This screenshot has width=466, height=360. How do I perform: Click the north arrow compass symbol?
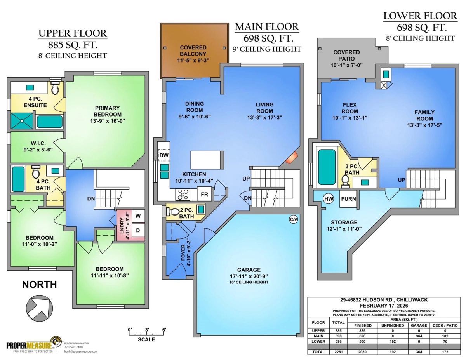tap(40, 308)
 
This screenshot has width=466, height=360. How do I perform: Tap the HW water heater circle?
tap(329, 199)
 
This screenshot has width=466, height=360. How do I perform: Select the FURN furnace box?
tap(348, 199)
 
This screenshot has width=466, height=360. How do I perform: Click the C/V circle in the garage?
tap(293, 219)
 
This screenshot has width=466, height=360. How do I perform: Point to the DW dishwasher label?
tap(164, 155)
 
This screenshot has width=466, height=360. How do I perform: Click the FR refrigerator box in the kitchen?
tap(204, 194)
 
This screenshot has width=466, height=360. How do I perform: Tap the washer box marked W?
tap(138, 216)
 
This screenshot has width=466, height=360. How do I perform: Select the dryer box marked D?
tap(138, 230)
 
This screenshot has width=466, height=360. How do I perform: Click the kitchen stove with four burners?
tap(183, 194)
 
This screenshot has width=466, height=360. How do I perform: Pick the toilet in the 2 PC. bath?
tap(173, 212)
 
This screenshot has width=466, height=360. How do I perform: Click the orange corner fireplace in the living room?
tap(291, 158)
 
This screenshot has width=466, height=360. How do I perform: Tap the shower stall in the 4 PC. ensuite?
tap(22, 121)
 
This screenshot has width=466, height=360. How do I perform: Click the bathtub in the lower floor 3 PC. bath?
tap(327, 167)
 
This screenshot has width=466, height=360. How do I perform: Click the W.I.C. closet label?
tap(38, 143)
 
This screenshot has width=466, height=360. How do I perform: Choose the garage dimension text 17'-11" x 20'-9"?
tap(249, 276)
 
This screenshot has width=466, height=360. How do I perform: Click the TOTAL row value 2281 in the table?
tap(338, 352)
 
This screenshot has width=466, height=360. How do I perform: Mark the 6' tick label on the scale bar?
tap(164, 330)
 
